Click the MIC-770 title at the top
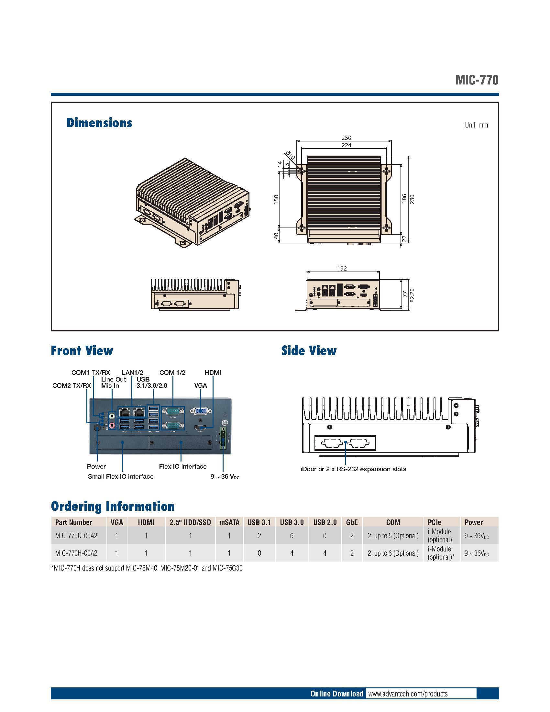[x=477, y=80]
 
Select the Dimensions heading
[x=99, y=123]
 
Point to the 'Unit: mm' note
[x=476, y=125]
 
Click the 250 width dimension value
[x=346, y=138]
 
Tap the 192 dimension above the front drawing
[x=342, y=269]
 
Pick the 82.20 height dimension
[x=412, y=295]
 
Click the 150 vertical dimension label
[x=276, y=199]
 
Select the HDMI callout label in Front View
[x=213, y=372]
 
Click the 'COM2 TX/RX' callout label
[x=72, y=386]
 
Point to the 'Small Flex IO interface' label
[x=121, y=476]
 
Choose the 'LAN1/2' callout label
[x=132, y=372]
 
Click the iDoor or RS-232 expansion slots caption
[x=353, y=469]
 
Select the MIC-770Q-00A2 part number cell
[x=76, y=535]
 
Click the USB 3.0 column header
[x=291, y=522]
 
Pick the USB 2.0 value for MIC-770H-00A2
[x=324, y=553]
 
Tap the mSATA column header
[x=229, y=522]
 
